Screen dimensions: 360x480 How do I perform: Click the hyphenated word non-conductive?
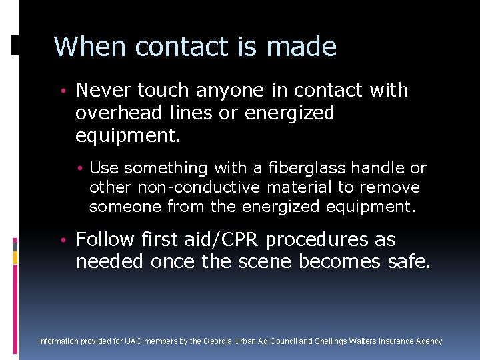[199, 187]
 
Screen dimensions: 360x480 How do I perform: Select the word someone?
[125, 207]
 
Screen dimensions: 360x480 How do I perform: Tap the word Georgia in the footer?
[218, 341]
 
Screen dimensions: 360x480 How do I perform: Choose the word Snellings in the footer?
[332, 341]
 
